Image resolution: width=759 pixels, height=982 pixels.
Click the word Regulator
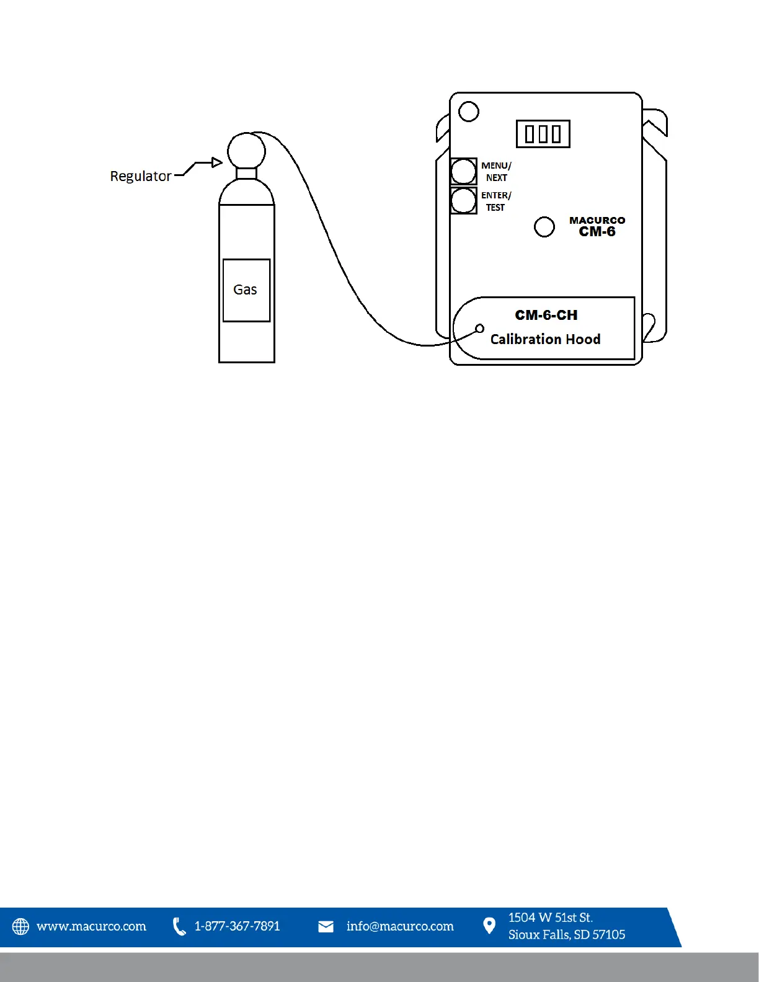click(x=140, y=176)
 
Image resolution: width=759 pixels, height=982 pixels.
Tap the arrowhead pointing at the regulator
click(x=217, y=162)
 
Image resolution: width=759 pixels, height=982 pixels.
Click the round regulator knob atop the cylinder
click(x=246, y=151)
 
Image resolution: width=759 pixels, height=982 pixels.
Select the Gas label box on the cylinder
click(x=246, y=290)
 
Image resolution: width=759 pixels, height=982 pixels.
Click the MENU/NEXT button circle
click(x=463, y=171)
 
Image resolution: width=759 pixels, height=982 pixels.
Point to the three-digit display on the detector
click(x=543, y=134)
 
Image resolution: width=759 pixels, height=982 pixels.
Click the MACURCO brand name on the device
click(x=597, y=220)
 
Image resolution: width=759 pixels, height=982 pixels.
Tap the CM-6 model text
click(x=597, y=232)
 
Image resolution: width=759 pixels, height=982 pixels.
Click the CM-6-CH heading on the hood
click(x=546, y=315)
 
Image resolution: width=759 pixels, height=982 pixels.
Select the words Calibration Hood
click(x=545, y=339)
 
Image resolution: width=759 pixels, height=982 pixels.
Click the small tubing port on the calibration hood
click(x=479, y=328)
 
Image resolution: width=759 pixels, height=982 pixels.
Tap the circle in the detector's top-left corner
click(x=469, y=112)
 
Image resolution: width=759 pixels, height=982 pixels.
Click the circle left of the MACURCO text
click(x=544, y=227)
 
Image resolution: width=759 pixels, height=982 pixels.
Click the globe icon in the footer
click(x=20, y=926)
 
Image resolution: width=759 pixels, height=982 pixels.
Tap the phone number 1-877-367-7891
click(x=237, y=926)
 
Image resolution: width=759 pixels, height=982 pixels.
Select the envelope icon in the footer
click(x=326, y=926)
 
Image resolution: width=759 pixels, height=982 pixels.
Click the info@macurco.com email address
click(x=400, y=926)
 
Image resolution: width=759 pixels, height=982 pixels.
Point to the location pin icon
click(x=489, y=926)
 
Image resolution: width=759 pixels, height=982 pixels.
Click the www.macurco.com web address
click(x=91, y=926)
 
